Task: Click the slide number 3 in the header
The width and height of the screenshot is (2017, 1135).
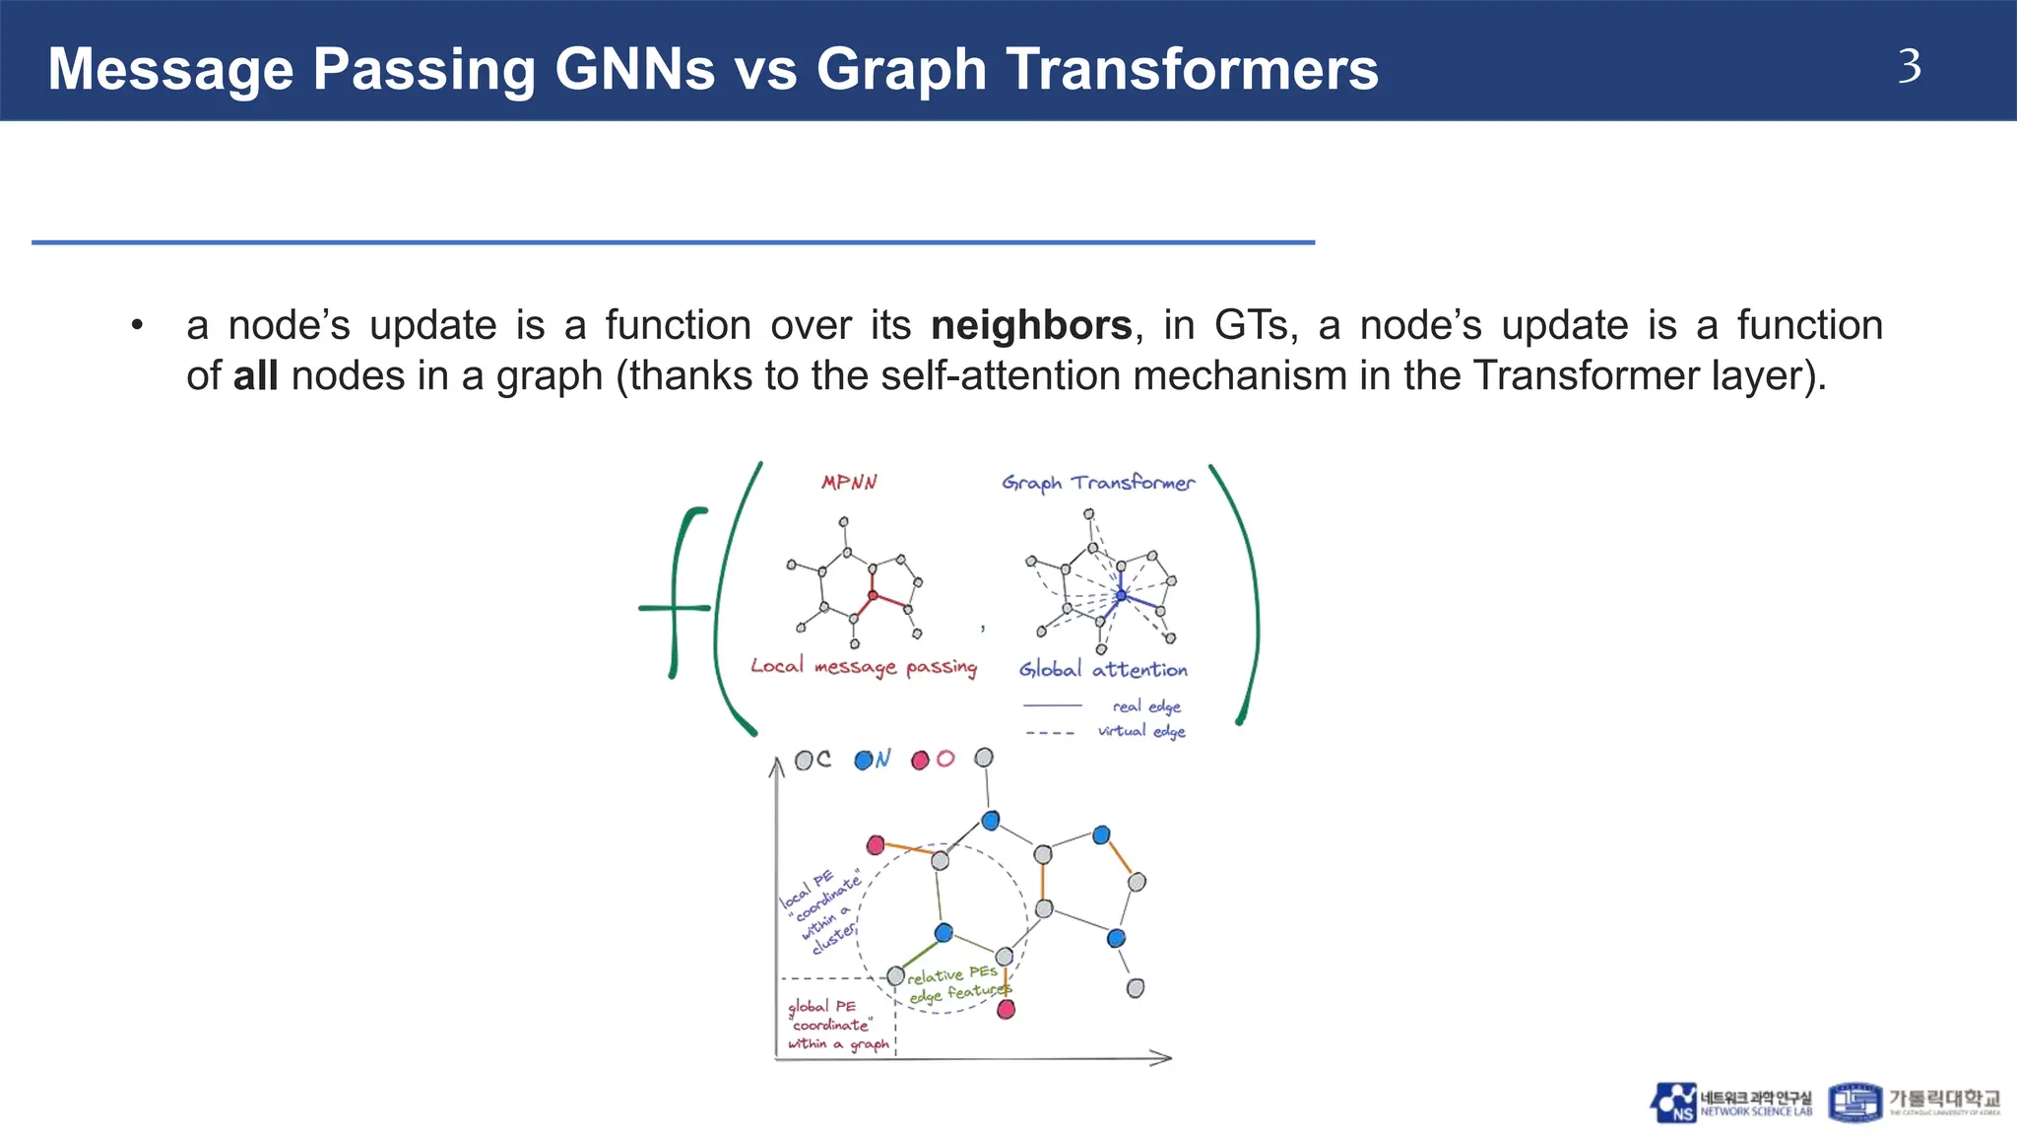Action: pyautogui.click(x=1909, y=67)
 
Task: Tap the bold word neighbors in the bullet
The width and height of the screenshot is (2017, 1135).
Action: pyautogui.click(x=1031, y=325)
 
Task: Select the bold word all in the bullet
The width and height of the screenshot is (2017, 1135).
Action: pyautogui.click(x=255, y=376)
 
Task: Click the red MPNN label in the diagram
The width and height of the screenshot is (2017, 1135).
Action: pyautogui.click(x=849, y=483)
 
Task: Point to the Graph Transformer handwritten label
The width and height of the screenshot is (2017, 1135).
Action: pyautogui.click(x=1098, y=483)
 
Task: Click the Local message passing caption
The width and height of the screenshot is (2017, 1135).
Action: pyautogui.click(x=864, y=667)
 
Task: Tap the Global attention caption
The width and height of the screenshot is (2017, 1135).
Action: pyautogui.click(x=1103, y=670)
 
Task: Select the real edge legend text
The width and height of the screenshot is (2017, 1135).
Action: pyautogui.click(x=1146, y=706)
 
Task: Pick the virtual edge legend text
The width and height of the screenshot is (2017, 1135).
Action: pyautogui.click(x=1141, y=731)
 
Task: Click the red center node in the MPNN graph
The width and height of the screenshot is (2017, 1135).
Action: pyautogui.click(x=872, y=595)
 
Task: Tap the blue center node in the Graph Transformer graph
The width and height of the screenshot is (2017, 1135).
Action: pyautogui.click(x=1121, y=595)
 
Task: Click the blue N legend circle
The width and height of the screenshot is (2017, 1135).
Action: pyautogui.click(x=864, y=760)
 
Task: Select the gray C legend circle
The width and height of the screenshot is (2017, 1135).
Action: pyautogui.click(x=804, y=760)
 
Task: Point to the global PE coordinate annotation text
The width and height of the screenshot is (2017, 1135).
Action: pyautogui.click(x=836, y=1025)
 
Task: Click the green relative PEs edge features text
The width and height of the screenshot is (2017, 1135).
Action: pyautogui.click(x=956, y=984)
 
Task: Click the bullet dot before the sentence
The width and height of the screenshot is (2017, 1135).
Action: pyautogui.click(x=137, y=325)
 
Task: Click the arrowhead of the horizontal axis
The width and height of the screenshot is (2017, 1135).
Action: pyautogui.click(x=1165, y=1058)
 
